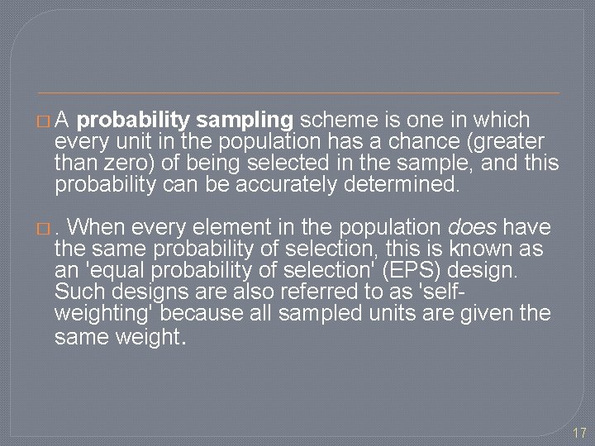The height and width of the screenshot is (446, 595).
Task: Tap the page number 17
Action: click(578, 432)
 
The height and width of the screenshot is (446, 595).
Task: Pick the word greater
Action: click(515, 141)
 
